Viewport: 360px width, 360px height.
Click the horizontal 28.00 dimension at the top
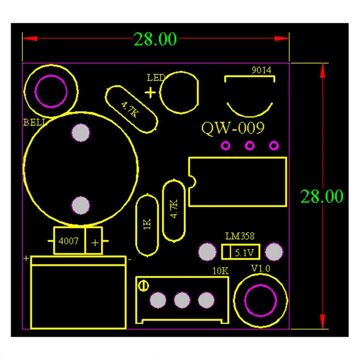[x=155, y=39]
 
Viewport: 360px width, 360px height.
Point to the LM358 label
[x=240, y=236]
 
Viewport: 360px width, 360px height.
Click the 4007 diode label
[x=68, y=241]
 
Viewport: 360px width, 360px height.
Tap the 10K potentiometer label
[x=220, y=271]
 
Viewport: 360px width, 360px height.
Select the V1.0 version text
[x=260, y=269]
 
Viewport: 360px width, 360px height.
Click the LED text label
[x=156, y=78]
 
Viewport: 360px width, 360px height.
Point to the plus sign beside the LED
[x=150, y=93]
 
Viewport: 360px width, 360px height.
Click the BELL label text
[x=33, y=121]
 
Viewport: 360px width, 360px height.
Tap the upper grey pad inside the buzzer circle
[x=81, y=133]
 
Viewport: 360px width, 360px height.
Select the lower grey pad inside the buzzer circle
[x=81, y=205]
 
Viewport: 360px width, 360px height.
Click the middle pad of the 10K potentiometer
[x=182, y=300]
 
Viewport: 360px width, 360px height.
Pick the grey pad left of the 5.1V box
[x=207, y=252]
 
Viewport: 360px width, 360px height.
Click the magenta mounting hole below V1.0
[x=260, y=301]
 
